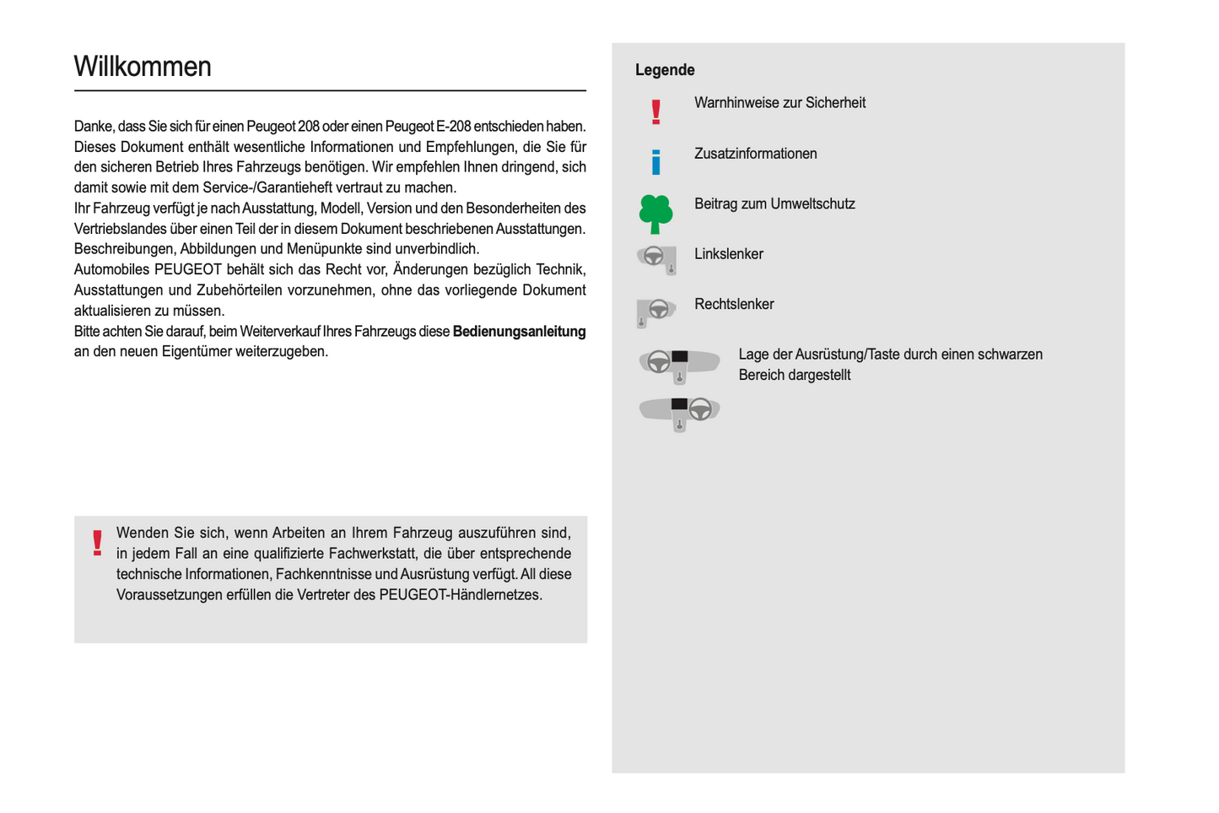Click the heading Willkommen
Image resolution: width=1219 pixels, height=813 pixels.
point(143,67)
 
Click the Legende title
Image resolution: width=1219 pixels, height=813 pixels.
point(665,70)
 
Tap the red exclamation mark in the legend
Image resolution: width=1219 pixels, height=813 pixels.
point(655,111)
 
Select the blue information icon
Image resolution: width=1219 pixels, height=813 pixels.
point(655,161)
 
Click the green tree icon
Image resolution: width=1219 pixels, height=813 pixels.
point(655,214)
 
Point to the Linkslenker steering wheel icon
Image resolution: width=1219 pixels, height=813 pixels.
point(656,257)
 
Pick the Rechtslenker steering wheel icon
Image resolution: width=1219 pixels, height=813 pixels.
point(655,311)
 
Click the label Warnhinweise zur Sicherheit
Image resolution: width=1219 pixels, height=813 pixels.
point(779,103)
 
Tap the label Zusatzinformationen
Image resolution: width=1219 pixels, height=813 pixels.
point(755,154)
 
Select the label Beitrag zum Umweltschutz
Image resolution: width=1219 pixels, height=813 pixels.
point(774,203)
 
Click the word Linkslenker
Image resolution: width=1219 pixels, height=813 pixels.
point(728,254)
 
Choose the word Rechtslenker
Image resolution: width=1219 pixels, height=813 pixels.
point(734,304)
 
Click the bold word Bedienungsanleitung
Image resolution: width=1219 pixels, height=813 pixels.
point(519,331)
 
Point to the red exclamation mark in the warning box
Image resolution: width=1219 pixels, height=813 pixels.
point(98,543)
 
